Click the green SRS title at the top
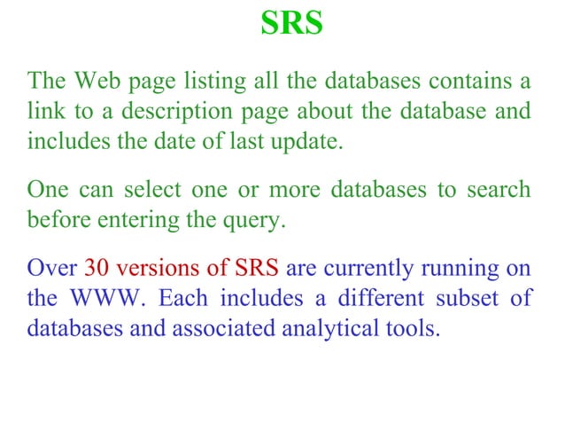pos(291,24)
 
